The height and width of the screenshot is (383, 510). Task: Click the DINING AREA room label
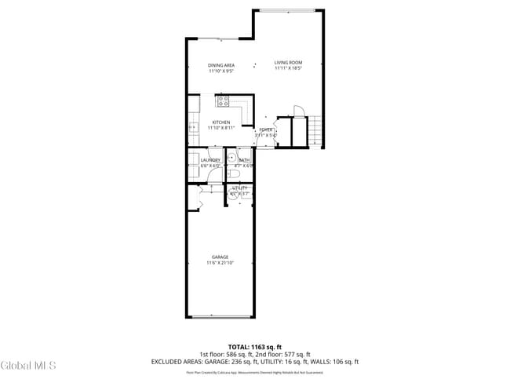(221, 65)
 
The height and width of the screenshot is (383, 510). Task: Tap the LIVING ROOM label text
(288, 63)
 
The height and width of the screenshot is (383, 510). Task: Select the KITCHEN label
(220, 122)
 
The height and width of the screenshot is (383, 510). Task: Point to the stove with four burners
(223, 100)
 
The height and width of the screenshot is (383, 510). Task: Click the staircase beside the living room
(315, 130)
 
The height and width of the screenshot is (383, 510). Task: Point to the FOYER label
(266, 129)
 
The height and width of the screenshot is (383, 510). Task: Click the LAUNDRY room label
(210, 160)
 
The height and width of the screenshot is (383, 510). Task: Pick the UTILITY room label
(240, 188)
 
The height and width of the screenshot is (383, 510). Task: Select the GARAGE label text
(220, 257)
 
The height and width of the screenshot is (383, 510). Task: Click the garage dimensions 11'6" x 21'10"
(220, 262)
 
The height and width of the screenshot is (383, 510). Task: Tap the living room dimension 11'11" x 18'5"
(288, 68)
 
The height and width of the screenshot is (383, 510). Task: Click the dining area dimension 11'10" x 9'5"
(221, 71)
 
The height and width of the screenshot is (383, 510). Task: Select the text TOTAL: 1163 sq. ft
(254, 346)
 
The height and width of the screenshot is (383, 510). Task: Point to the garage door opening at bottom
(220, 316)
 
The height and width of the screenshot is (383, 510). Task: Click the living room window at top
(288, 10)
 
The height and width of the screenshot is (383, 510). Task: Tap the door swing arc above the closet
(297, 110)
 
